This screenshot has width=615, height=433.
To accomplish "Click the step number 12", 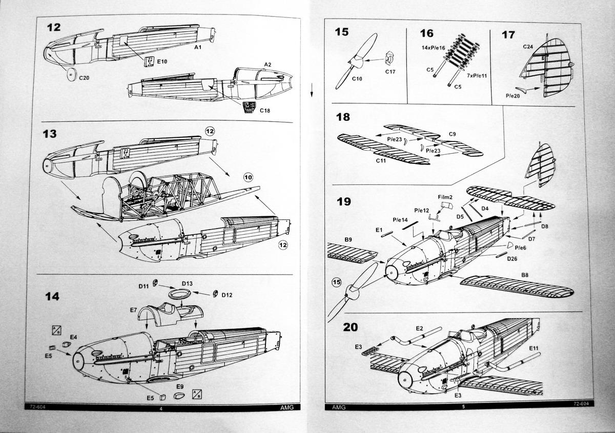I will pyautogui.click(x=53, y=27).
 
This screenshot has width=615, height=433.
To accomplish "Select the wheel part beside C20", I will pyautogui.click(x=71, y=74).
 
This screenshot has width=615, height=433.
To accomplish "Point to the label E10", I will pyautogui.click(x=162, y=61).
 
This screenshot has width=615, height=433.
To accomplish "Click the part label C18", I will pyautogui.click(x=264, y=110).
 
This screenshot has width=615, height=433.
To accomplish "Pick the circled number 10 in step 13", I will pyautogui.click(x=248, y=178).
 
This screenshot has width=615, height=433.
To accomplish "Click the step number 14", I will pyautogui.click(x=52, y=297).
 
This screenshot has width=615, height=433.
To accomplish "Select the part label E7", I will pyautogui.click(x=133, y=310).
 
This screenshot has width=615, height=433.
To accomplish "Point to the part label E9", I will pyautogui.click(x=180, y=386).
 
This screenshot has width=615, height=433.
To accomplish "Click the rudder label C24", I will pyautogui.click(x=528, y=47).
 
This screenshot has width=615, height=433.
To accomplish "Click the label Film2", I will pyautogui.click(x=445, y=196).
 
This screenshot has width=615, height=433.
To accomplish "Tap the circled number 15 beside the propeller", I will pyautogui.click(x=336, y=282).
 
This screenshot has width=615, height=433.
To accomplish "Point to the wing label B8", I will pyautogui.click(x=525, y=275).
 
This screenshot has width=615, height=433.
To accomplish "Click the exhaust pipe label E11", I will pyautogui.click(x=534, y=348).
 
